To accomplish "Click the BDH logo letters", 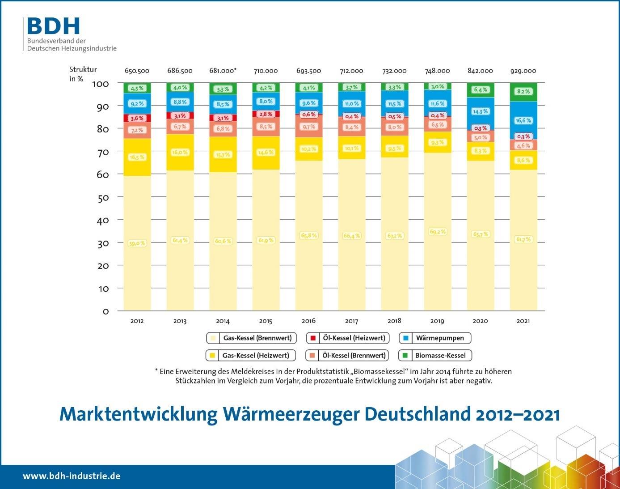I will point(53,26).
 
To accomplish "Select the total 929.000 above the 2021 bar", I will point(523,71).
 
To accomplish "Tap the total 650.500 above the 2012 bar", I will point(137,71).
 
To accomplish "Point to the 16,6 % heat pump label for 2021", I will point(523,120).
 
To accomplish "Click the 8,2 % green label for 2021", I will point(523,91).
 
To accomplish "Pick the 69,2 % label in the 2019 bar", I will point(437,232).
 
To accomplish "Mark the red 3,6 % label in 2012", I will point(137,119).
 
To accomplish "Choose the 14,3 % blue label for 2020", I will point(480,111).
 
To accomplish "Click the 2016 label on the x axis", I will point(308,320).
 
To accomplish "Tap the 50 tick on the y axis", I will point(103,197).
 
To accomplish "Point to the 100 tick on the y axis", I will point(100,84).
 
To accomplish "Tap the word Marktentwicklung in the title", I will point(138,414).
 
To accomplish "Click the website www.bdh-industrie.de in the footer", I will point(72,476).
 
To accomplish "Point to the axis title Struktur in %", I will point(83,74).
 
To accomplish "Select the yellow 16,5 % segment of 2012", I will point(137,157).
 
